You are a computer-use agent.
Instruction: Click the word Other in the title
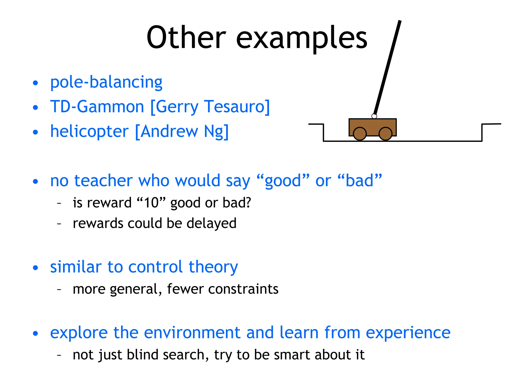click(186, 38)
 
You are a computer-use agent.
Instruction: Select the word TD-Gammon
click(97, 107)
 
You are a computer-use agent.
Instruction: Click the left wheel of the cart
click(360, 134)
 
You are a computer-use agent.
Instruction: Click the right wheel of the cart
click(385, 134)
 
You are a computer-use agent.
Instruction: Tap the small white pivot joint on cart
click(374, 116)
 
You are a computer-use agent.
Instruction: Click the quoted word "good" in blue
click(283, 180)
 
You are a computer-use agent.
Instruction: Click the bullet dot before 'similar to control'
click(35, 267)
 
